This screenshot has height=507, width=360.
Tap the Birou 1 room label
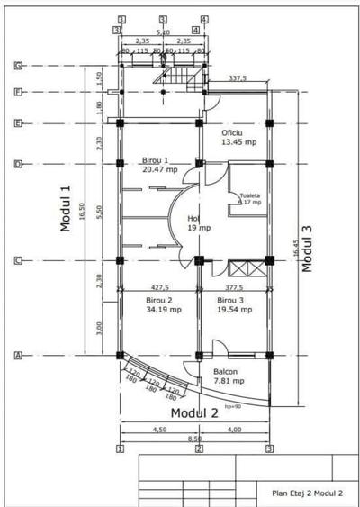tap(159, 165)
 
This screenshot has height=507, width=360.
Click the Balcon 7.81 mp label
tap(227, 376)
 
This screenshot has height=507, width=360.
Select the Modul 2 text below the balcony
tap(195, 413)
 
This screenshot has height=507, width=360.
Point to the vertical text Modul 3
tap(307, 249)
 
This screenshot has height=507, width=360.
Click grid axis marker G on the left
tap(17, 66)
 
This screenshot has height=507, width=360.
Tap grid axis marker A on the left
tap(17, 356)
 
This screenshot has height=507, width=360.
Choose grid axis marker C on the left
tap(17, 261)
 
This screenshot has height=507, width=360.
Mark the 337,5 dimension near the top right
tap(238, 78)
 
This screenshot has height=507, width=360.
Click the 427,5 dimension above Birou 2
tap(159, 289)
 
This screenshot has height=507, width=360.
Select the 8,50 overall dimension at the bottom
tap(194, 439)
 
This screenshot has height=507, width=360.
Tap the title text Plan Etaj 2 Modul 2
tap(307, 493)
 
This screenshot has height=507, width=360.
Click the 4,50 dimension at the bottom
tap(158, 430)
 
